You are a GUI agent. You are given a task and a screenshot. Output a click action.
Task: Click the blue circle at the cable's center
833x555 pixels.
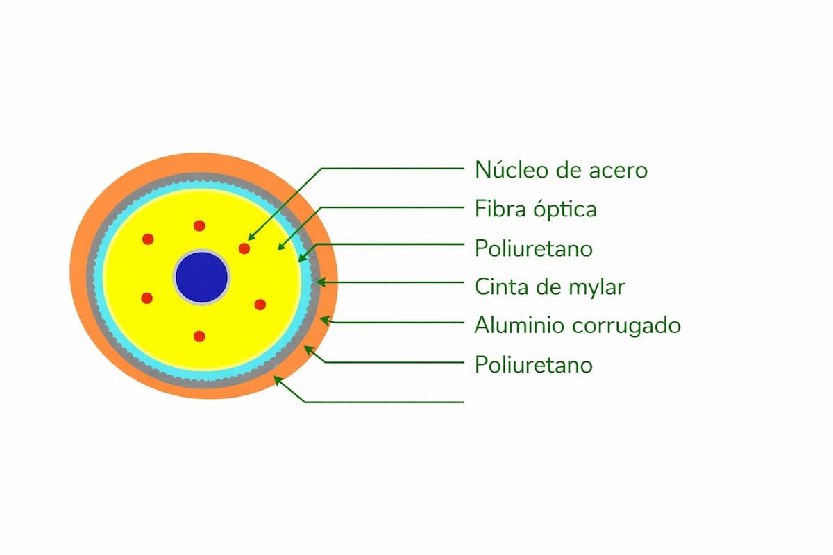[x=201, y=277]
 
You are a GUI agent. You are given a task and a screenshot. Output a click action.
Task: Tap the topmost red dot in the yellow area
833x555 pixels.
[x=199, y=225]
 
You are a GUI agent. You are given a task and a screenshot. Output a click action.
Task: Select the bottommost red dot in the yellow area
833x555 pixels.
[x=199, y=336]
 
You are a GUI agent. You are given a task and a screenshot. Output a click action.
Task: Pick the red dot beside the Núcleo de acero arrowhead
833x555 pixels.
[x=244, y=248]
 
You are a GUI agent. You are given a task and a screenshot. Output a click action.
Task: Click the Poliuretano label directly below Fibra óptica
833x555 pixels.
[x=533, y=248]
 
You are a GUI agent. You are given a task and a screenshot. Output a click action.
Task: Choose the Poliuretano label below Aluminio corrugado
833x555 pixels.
[x=533, y=364]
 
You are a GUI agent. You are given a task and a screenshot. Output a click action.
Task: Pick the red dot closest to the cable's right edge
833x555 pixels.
[x=260, y=304]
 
